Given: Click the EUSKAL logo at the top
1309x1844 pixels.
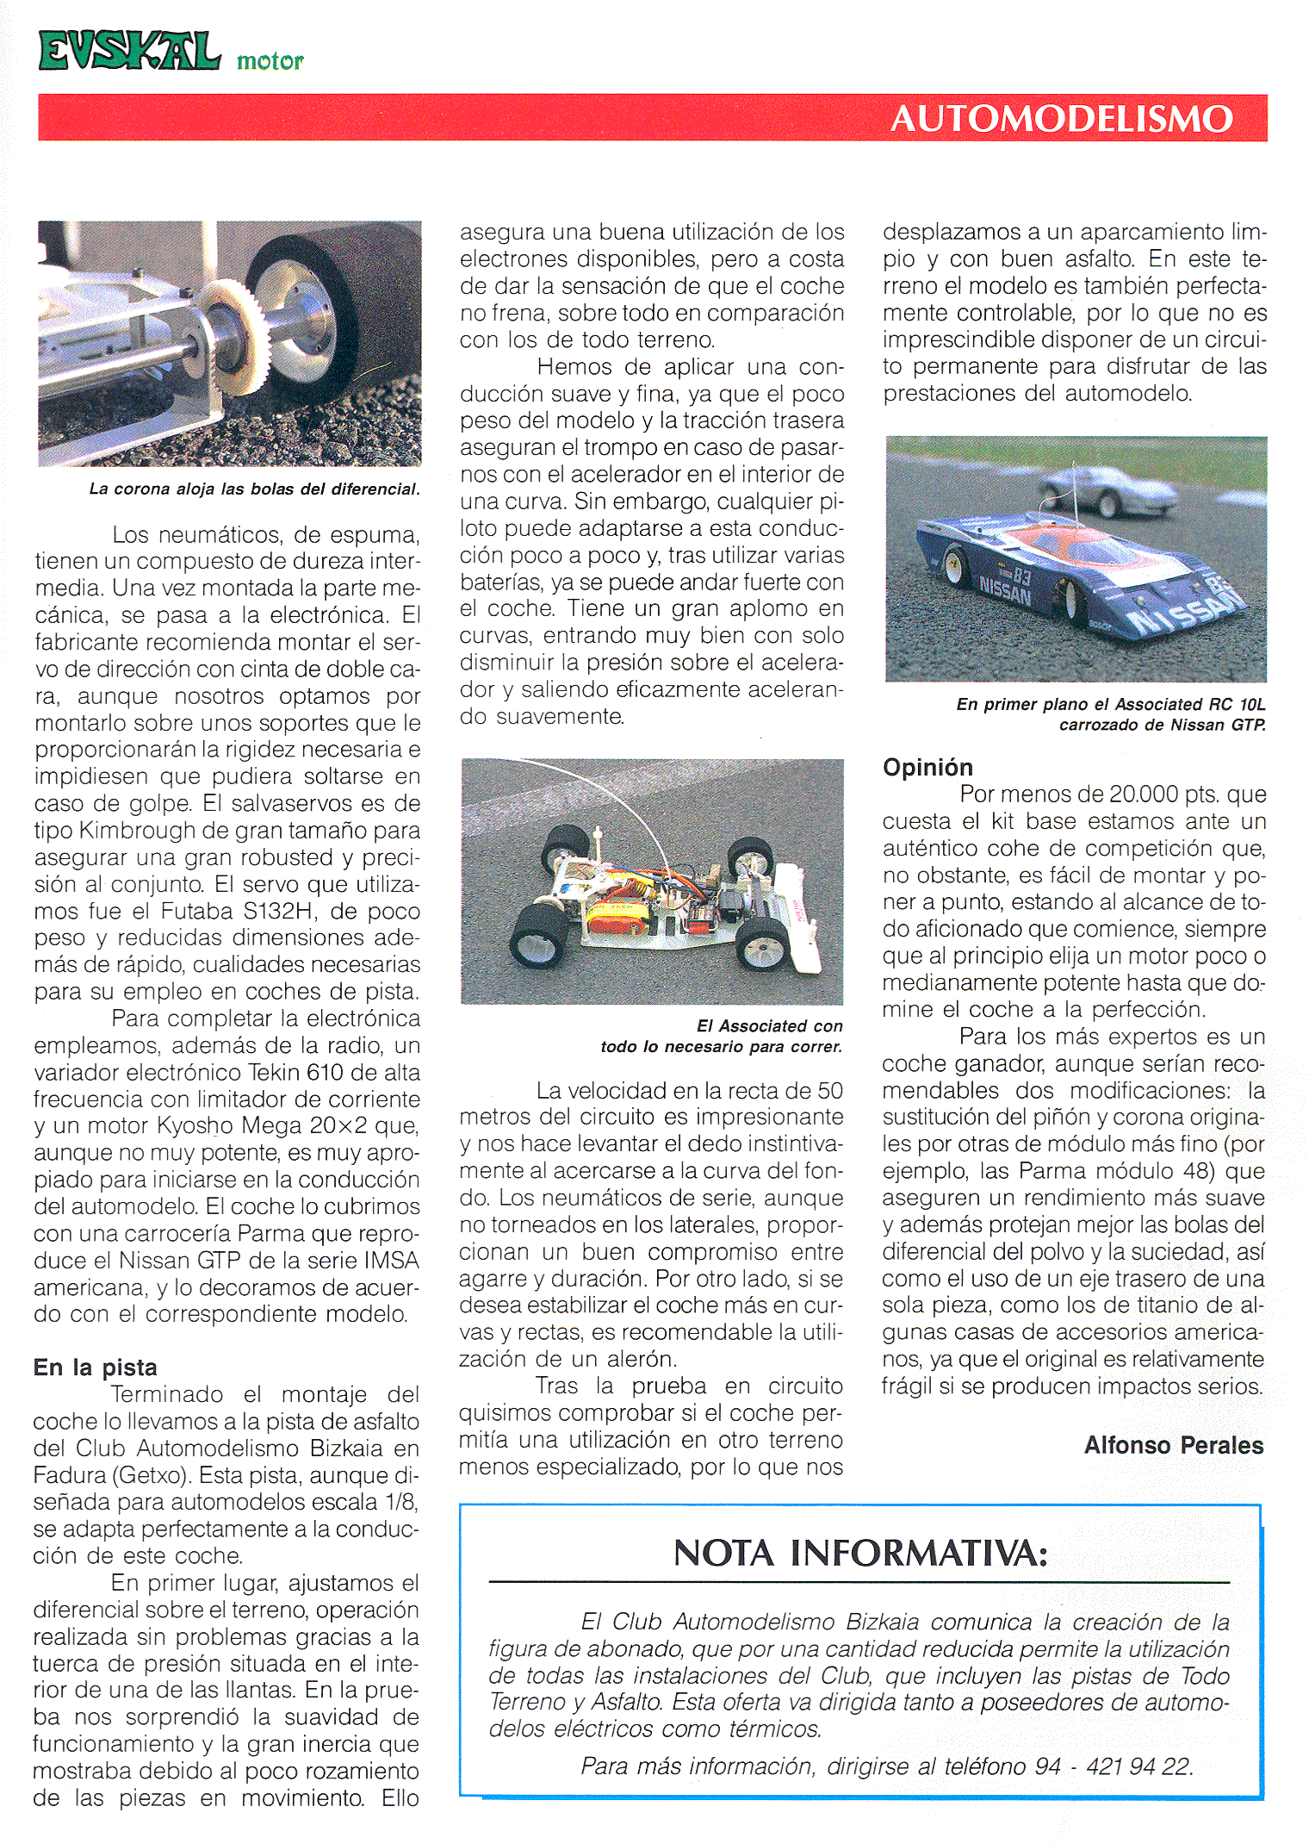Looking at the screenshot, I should (x=129, y=52).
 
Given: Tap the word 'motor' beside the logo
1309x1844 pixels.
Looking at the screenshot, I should (x=270, y=61).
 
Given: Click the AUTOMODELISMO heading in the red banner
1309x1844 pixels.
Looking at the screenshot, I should (x=1061, y=119).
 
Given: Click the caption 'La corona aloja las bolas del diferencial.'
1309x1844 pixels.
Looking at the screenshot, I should (x=254, y=489).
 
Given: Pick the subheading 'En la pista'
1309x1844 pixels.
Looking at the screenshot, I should (x=96, y=1367).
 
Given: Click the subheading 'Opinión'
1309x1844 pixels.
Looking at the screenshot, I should (x=927, y=767).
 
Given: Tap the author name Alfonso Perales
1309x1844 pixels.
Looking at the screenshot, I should (x=1173, y=1445).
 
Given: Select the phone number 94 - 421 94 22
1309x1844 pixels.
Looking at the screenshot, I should (x=1113, y=1766).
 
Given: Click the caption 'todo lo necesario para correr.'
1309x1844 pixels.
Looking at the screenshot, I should (x=721, y=1047).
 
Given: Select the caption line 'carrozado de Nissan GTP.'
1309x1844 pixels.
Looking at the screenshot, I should (x=1162, y=725).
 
